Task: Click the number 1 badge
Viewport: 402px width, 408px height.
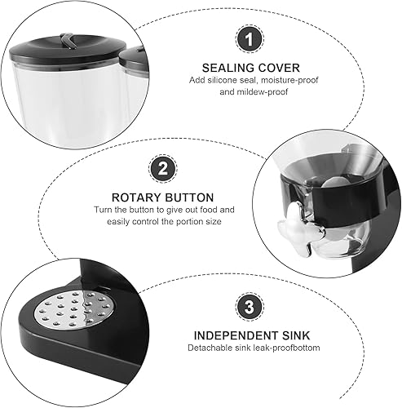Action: [250, 39]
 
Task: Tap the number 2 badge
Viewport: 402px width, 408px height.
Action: [163, 169]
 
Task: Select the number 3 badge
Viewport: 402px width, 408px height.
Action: [250, 307]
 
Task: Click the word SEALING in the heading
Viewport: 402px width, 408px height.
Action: [228, 68]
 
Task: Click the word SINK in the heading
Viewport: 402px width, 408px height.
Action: [296, 335]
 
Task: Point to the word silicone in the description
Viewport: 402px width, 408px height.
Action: [224, 80]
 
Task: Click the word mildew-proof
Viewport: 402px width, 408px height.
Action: [263, 92]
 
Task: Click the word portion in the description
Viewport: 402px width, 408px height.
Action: [190, 222]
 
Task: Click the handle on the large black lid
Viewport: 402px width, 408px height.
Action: [67, 40]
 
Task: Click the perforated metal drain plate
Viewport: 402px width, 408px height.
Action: [74, 308]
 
